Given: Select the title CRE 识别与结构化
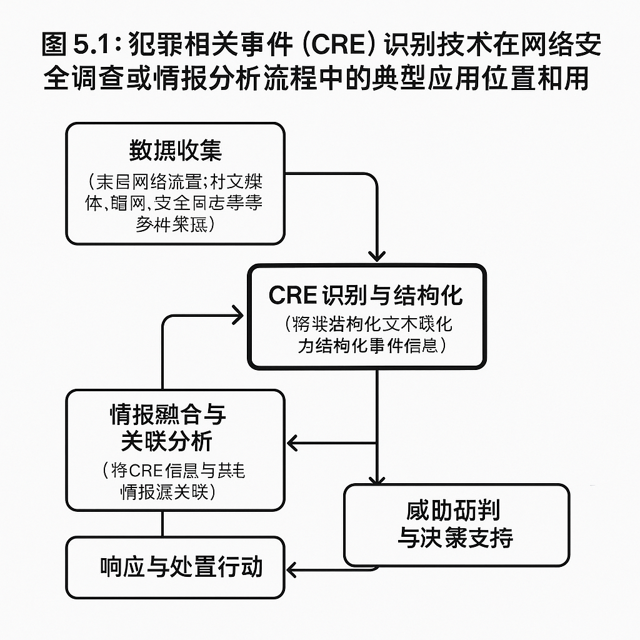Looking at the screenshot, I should click(366, 295).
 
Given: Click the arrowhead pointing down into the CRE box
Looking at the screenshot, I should click(376, 254).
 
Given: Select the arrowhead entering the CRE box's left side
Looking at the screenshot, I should click(237, 316).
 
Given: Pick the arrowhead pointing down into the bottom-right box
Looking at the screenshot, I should click(376, 479).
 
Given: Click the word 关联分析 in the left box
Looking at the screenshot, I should click(167, 441).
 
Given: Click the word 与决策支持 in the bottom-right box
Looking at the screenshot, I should click(456, 537).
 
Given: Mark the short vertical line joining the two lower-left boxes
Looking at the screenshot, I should click(162, 524).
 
